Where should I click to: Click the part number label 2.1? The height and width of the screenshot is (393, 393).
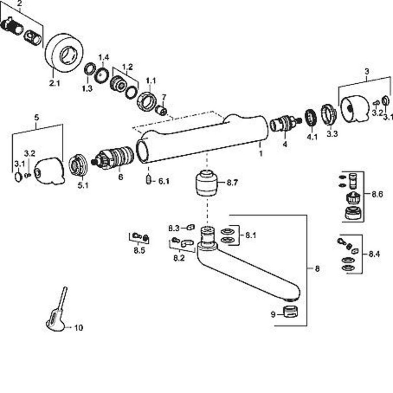click(x=54, y=83)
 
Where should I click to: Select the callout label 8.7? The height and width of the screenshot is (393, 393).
click(x=232, y=183)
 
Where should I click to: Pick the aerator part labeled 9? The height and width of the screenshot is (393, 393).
click(x=290, y=311)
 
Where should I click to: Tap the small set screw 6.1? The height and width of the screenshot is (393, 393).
click(x=149, y=180)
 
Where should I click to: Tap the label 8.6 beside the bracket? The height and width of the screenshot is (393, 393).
click(x=377, y=195)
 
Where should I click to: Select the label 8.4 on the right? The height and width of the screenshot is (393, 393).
click(x=374, y=254)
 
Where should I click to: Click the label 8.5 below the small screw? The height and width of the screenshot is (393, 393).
click(x=139, y=251)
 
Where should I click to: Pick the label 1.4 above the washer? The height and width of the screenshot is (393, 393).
click(x=104, y=58)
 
